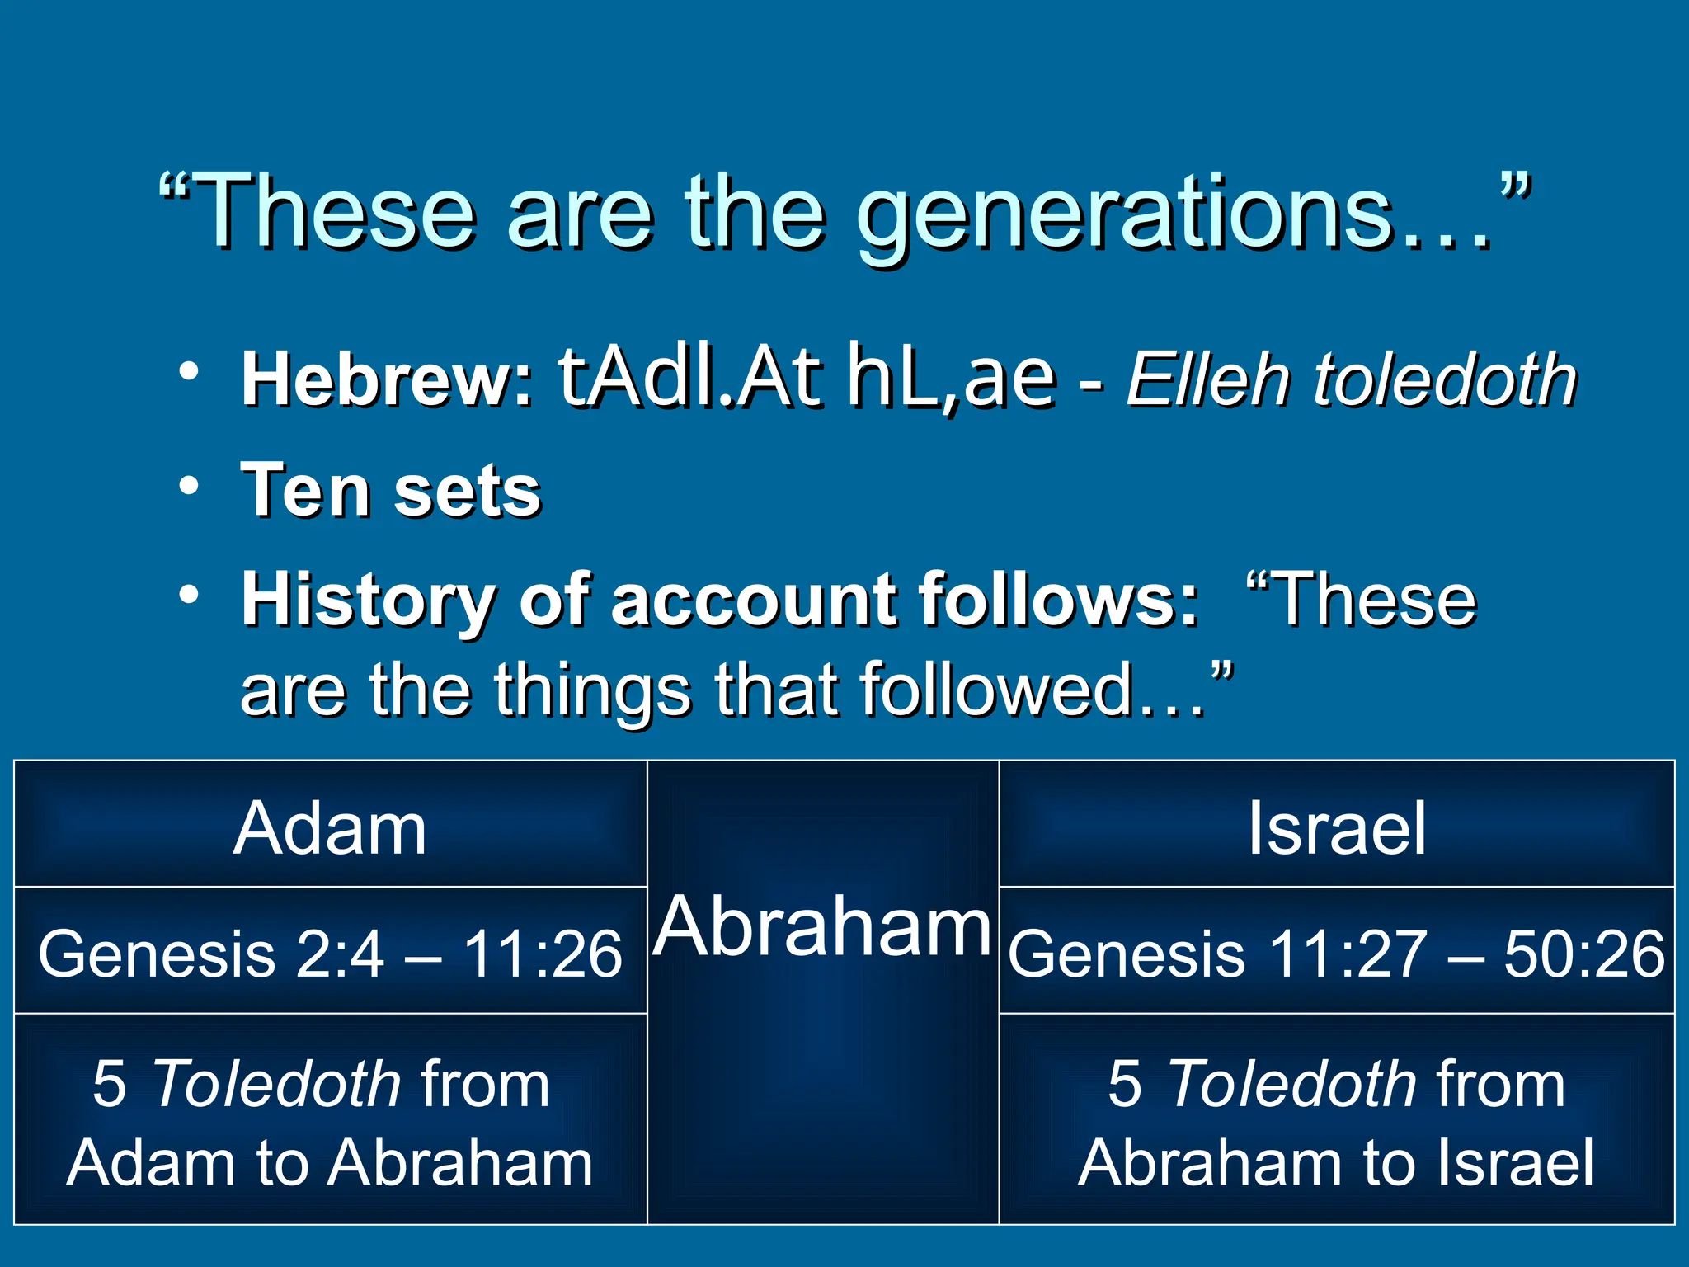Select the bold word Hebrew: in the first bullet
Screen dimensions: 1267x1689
tap(388, 379)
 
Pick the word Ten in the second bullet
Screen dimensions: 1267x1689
tap(304, 491)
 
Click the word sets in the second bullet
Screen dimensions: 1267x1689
tap(467, 491)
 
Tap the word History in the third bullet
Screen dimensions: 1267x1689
tap(368, 601)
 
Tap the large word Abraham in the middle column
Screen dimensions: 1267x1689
tap(823, 927)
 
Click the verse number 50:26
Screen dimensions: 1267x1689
tap(1583, 954)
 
